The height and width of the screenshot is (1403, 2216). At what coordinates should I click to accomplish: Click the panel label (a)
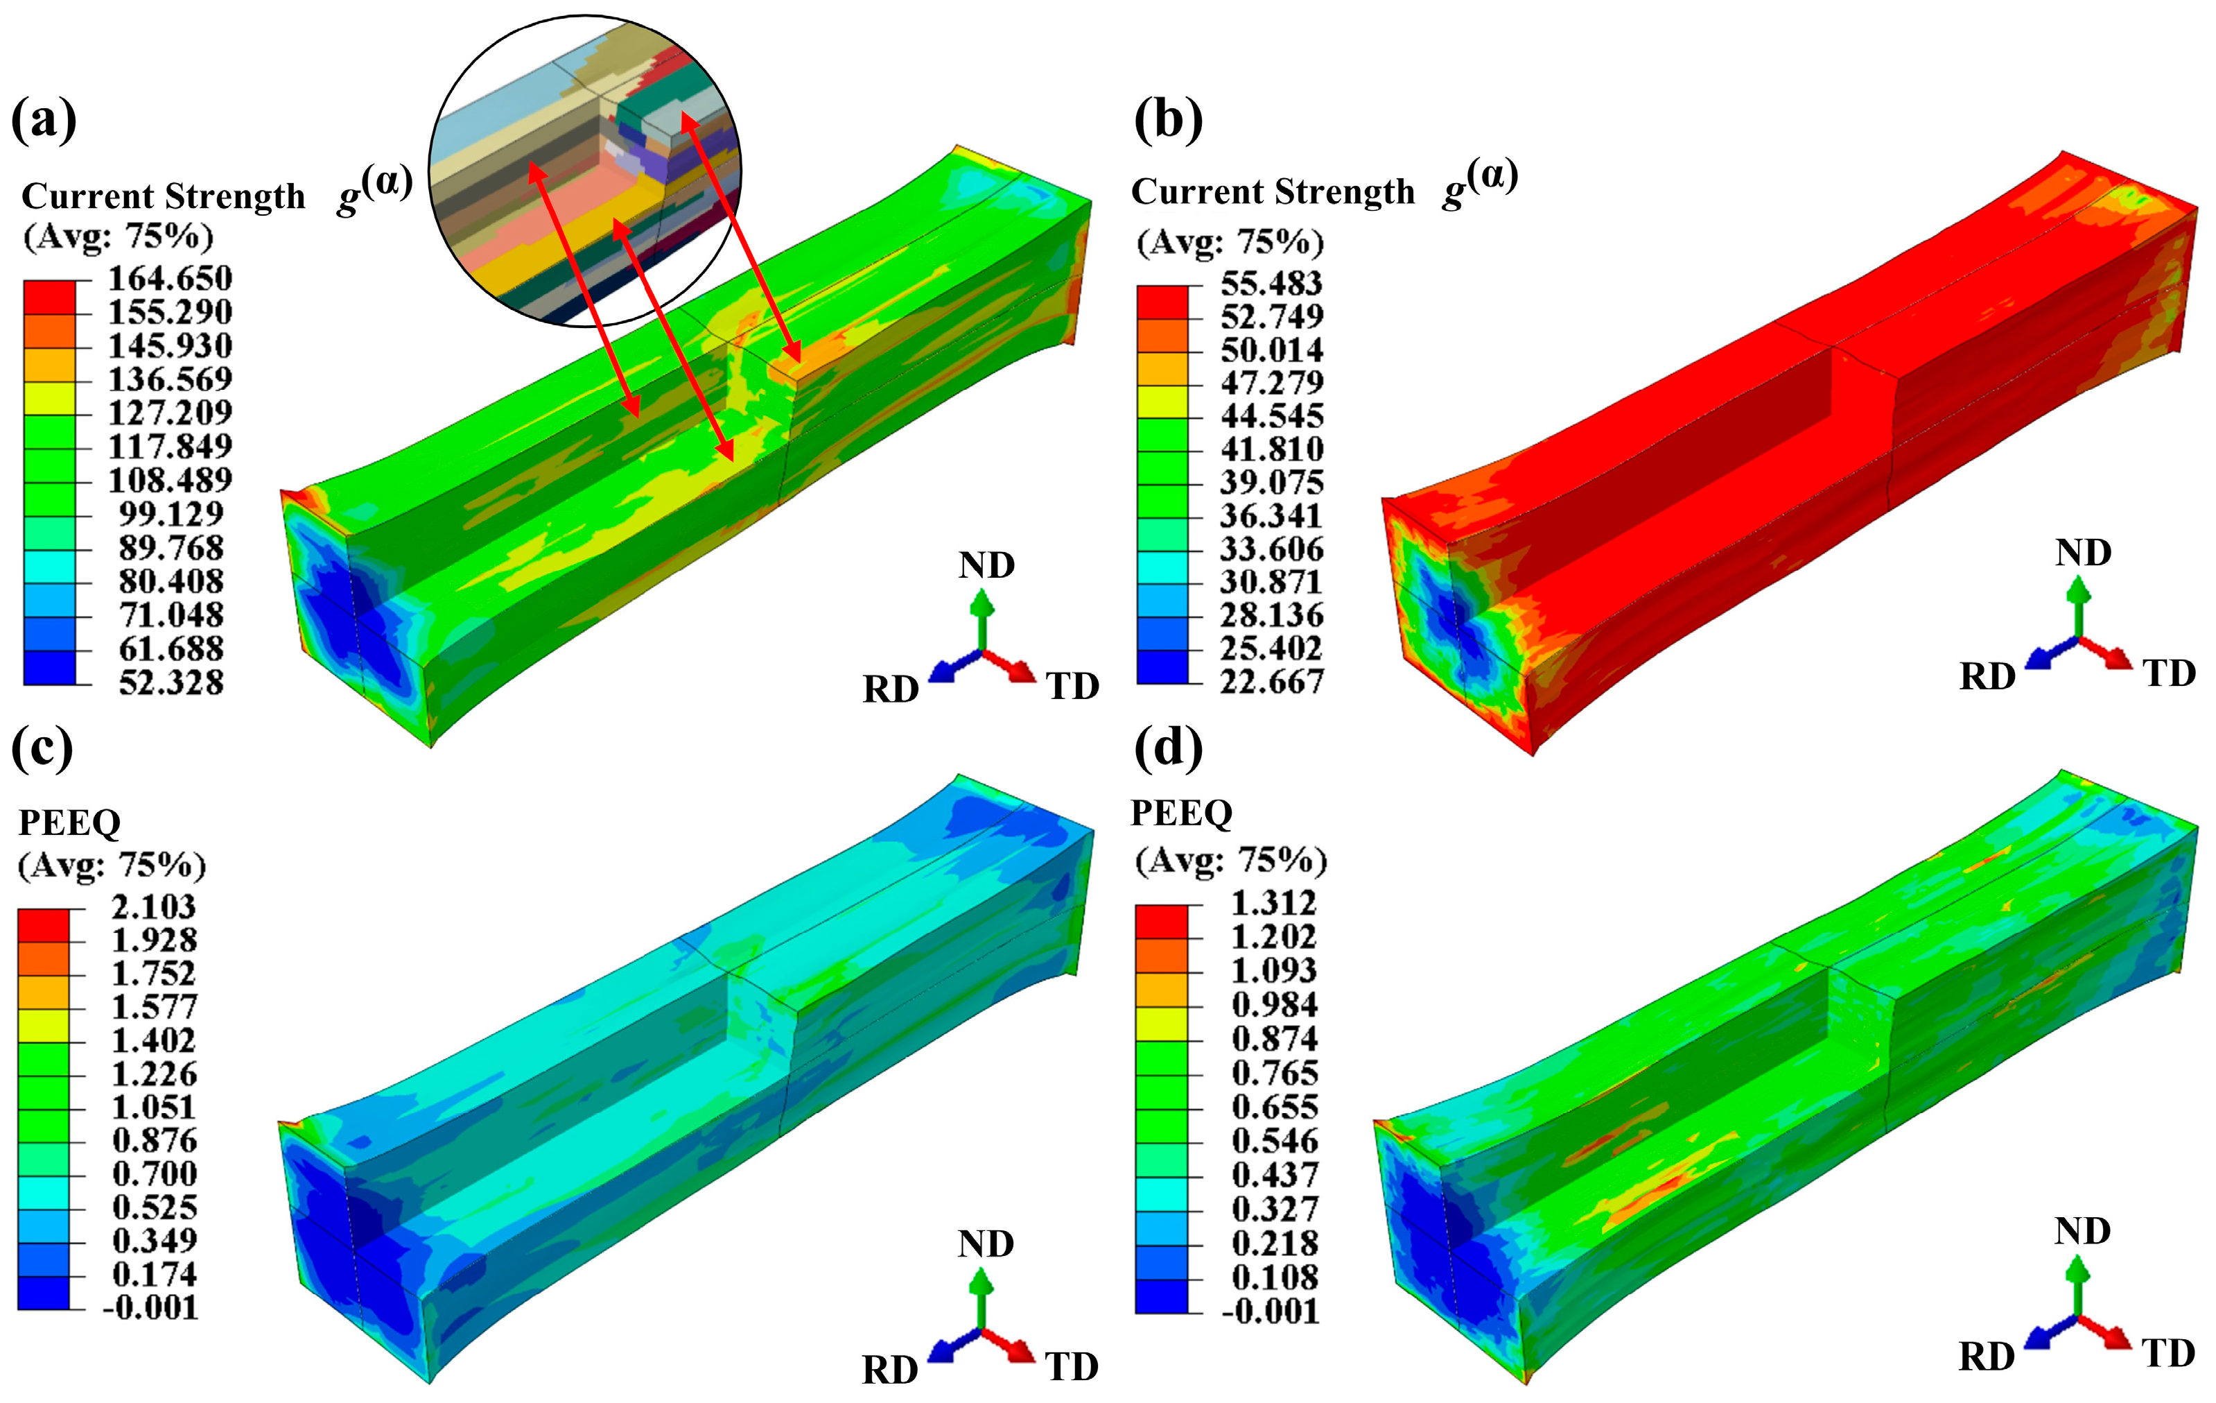(x=43, y=121)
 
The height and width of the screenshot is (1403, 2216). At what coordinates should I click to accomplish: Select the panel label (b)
(x=1169, y=121)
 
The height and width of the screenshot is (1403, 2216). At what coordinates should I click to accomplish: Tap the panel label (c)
(x=42, y=748)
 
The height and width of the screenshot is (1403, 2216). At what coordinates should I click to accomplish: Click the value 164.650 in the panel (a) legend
(x=171, y=278)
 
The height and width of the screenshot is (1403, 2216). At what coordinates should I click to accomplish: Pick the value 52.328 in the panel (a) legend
(x=171, y=682)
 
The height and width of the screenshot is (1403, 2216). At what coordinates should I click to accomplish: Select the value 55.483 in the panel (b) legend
(x=1272, y=283)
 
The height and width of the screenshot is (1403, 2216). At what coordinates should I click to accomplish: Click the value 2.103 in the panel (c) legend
(x=154, y=907)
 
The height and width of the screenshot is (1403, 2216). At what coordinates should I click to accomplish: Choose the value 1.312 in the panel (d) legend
(x=1275, y=902)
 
